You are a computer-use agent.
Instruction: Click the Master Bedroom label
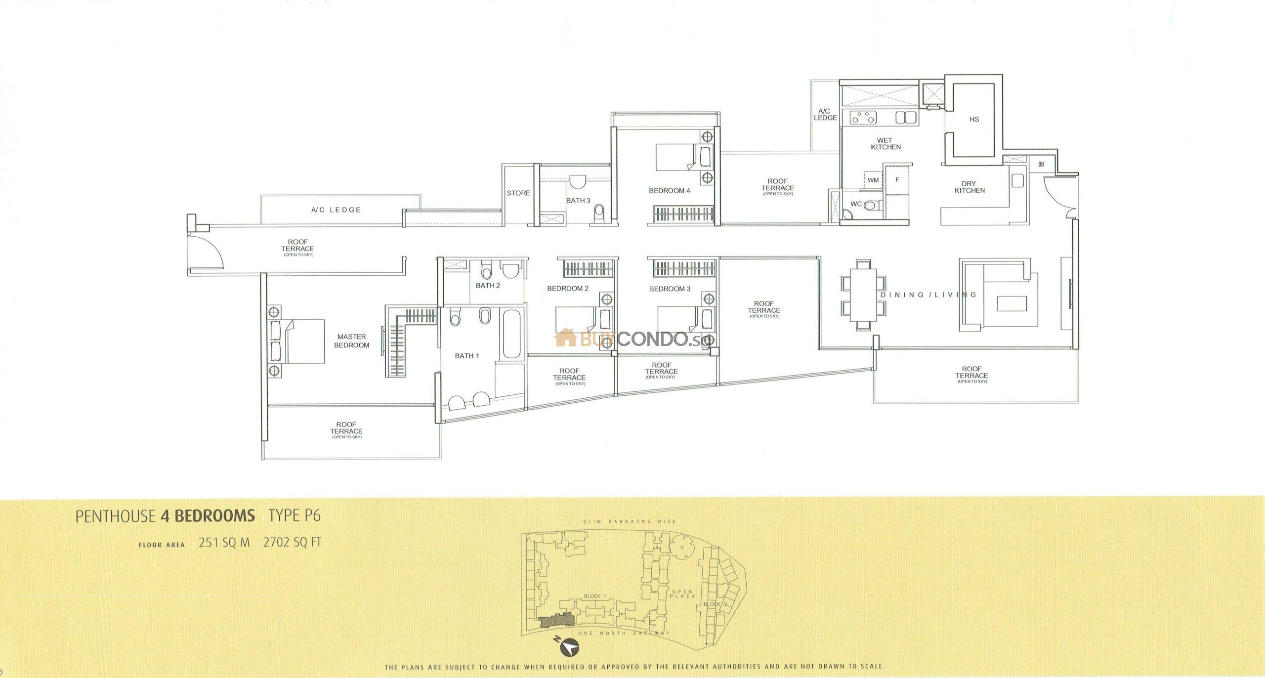(x=351, y=341)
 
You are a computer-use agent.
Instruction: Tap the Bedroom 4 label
(x=670, y=191)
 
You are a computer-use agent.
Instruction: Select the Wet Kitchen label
(x=885, y=144)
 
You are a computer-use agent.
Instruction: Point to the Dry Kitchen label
(x=970, y=187)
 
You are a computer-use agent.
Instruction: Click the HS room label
(x=974, y=120)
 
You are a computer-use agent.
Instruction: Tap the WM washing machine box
(x=873, y=180)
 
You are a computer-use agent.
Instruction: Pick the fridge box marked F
(x=897, y=180)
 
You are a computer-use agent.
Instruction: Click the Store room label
(x=518, y=193)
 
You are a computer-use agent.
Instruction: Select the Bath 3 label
(x=578, y=201)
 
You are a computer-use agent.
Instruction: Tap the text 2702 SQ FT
(x=292, y=543)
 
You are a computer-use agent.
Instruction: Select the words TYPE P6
(x=296, y=516)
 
